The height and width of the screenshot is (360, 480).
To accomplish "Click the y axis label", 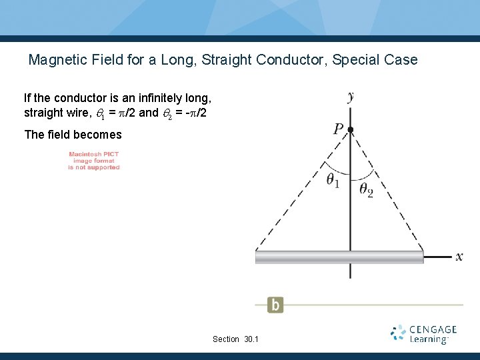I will coord(351,97).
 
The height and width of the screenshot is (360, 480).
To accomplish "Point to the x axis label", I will coord(459,257).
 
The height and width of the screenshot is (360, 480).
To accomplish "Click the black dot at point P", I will coord(351,129).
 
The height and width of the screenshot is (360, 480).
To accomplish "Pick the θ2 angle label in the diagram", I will coord(367,190).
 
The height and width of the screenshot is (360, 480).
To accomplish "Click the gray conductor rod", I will coord(339,257).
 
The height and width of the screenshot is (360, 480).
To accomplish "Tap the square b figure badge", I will coord(275,305).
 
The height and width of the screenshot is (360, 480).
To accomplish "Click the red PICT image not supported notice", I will coord(94,161).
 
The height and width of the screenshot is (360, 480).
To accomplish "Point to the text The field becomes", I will coord(73,135).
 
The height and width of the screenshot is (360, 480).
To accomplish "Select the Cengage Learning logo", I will coord(424,334).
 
